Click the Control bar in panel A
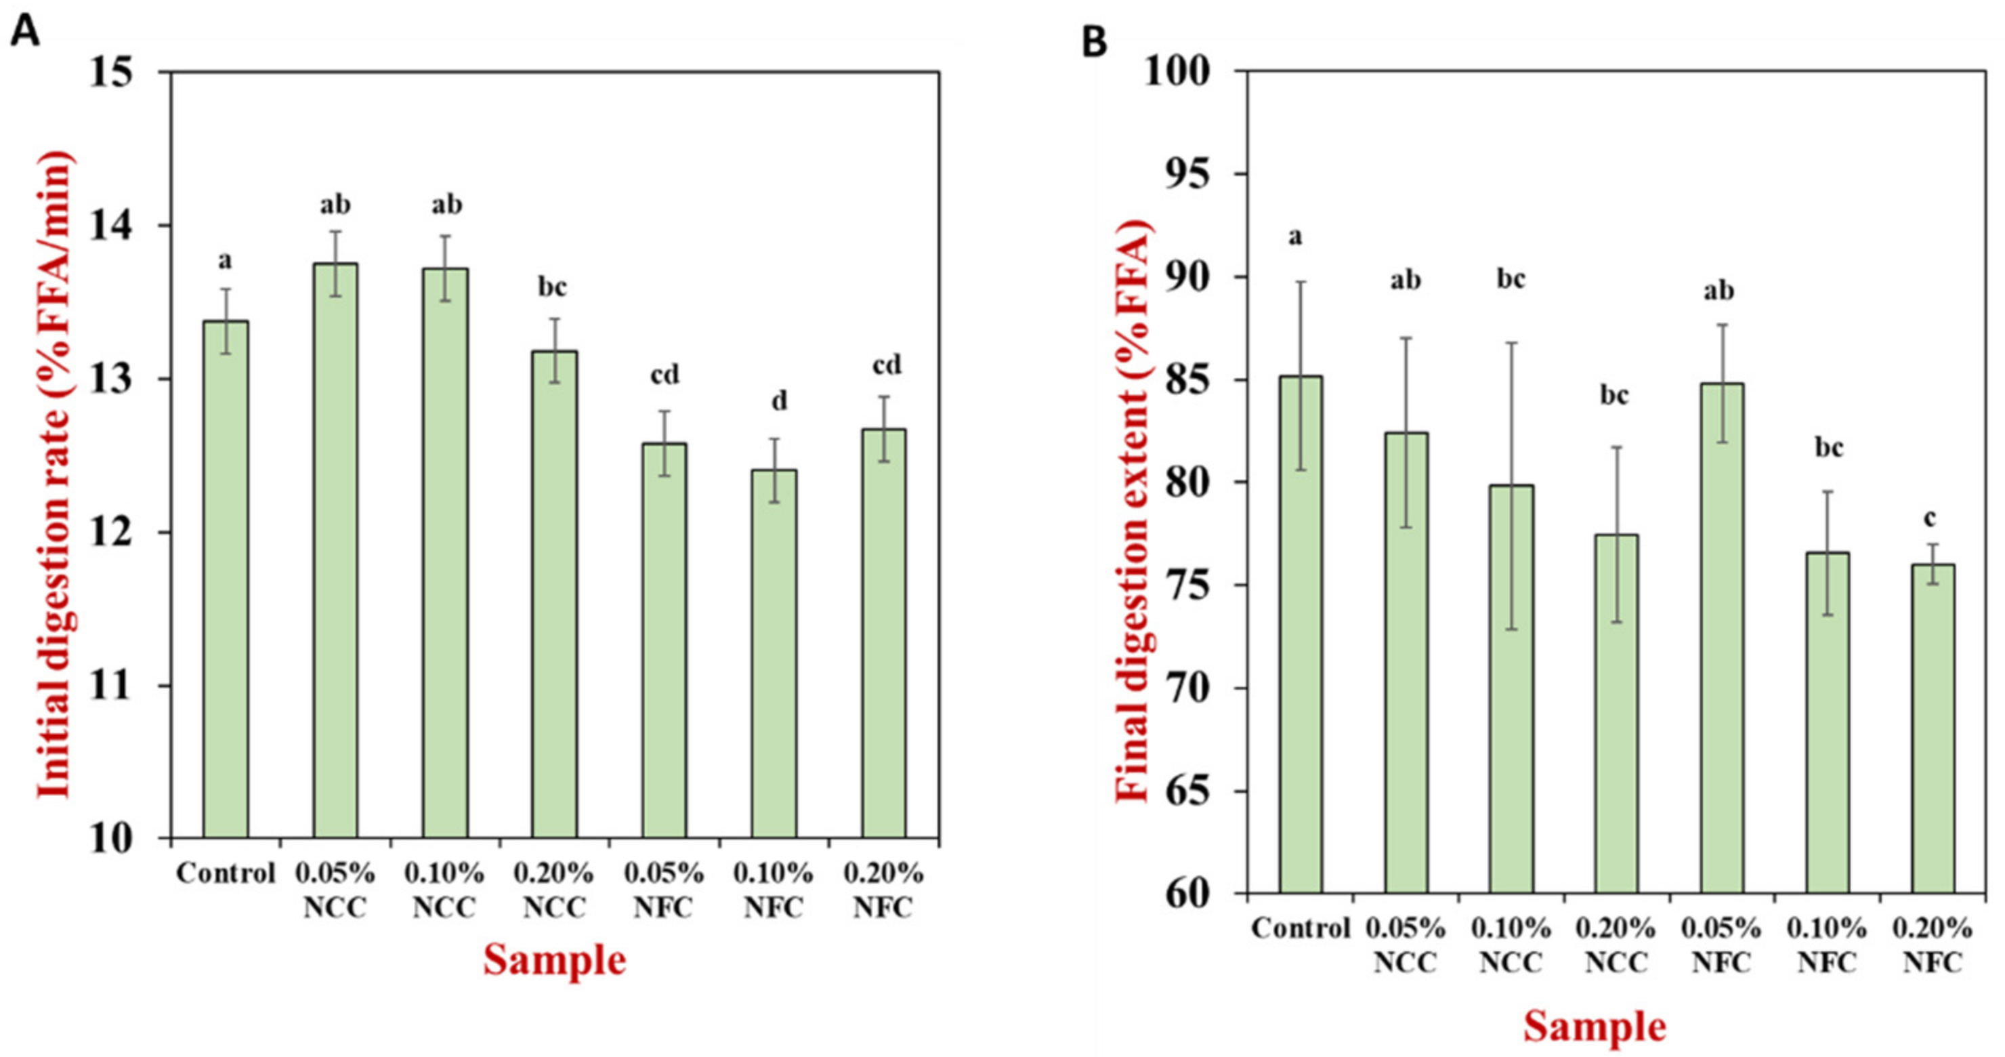click(x=226, y=580)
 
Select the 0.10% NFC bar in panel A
click(x=774, y=654)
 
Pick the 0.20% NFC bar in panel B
click(x=1933, y=728)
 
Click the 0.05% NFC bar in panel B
click(x=1722, y=638)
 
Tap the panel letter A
click(x=25, y=33)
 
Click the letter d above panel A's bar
click(x=779, y=401)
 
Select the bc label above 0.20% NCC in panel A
click(x=553, y=287)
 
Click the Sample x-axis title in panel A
click(x=554, y=959)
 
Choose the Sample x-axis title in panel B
click(x=1595, y=1025)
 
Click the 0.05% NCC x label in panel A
click(x=335, y=890)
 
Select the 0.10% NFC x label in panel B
click(x=1827, y=945)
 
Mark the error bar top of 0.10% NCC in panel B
click(x=1511, y=342)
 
